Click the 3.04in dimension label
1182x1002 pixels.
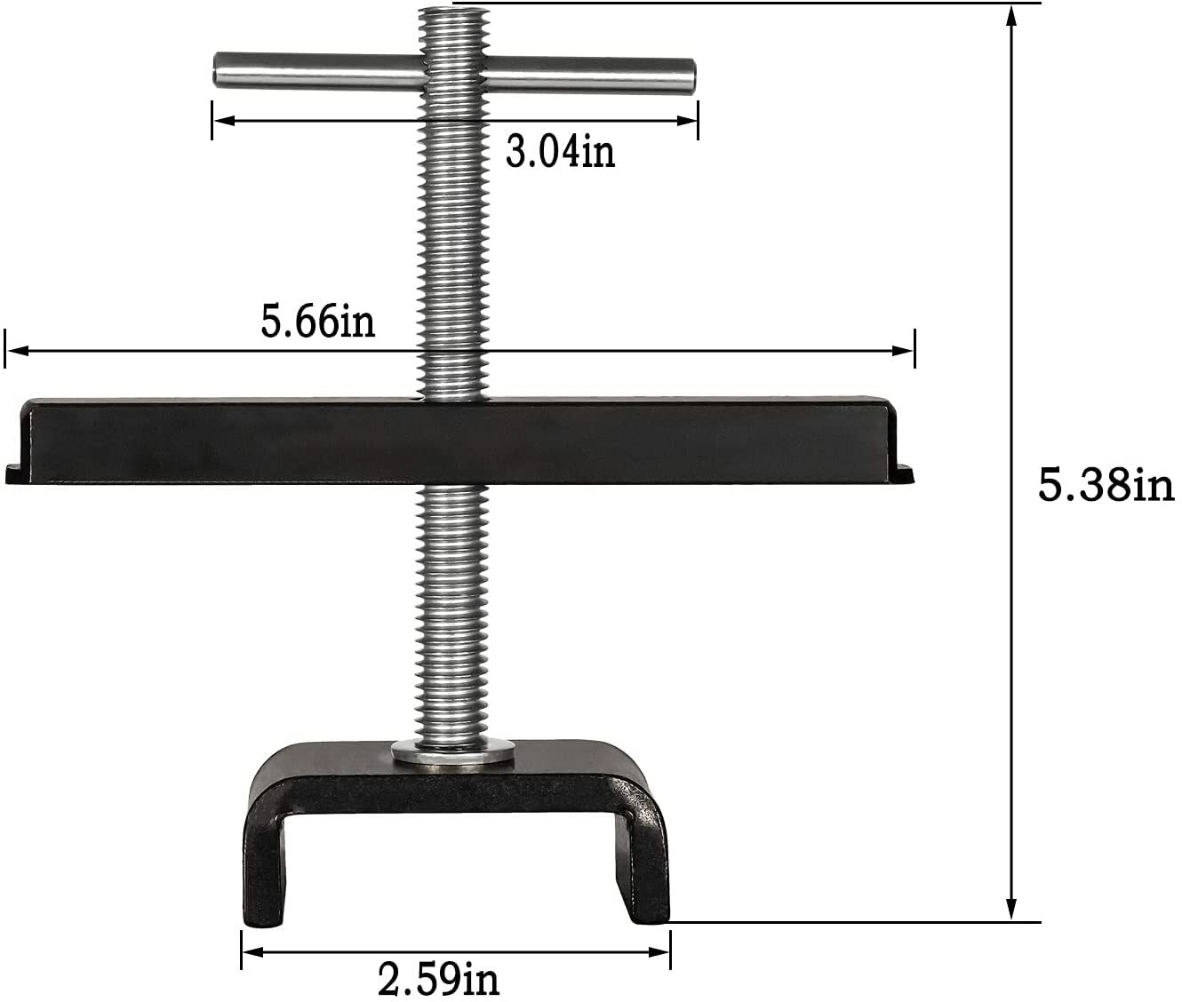560,152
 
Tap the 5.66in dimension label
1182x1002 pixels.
317,322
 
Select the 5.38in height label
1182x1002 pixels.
1106,487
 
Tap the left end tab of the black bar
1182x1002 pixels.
15,473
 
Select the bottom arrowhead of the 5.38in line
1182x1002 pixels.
1010,911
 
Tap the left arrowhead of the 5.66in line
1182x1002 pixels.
14,351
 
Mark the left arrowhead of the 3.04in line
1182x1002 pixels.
221,120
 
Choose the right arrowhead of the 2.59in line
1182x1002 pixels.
661,953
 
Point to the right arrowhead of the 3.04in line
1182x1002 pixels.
690,120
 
